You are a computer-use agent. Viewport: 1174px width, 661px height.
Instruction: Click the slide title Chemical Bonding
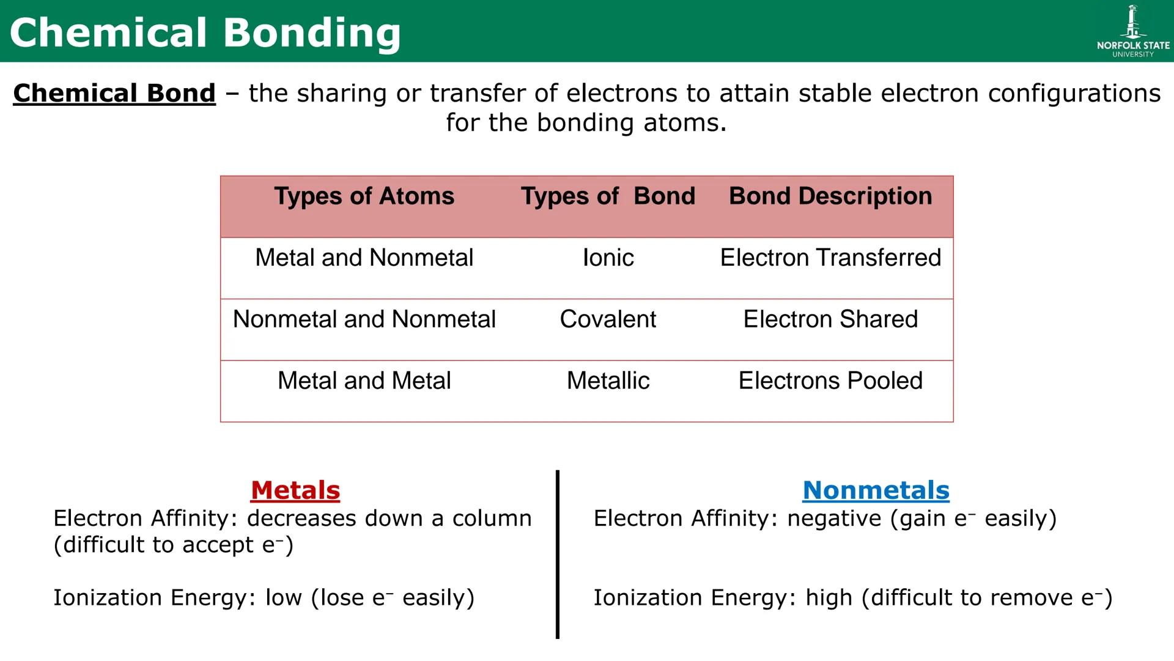(205, 32)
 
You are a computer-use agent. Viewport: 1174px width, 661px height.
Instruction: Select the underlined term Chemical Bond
(114, 94)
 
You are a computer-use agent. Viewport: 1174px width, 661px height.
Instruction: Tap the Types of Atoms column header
(364, 196)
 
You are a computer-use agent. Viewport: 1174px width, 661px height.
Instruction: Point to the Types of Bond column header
(608, 196)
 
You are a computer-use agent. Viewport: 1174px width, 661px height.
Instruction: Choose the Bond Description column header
(830, 196)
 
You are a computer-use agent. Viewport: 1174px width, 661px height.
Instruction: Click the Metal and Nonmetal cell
(364, 258)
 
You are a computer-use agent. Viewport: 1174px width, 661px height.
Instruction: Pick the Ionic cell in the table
(608, 258)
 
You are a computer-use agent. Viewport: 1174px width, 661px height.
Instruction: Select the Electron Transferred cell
(830, 258)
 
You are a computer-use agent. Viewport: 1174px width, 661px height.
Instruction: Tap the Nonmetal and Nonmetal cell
(364, 319)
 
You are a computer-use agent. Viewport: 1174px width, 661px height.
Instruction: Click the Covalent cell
(608, 319)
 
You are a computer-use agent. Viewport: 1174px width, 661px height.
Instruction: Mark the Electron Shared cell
(830, 319)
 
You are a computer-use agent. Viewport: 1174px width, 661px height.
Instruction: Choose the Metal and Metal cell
(364, 381)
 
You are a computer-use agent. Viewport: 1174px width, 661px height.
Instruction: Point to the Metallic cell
(608, 381)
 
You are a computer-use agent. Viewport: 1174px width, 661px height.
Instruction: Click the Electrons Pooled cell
(830, 381)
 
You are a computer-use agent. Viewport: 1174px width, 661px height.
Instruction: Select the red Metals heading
(295, 490)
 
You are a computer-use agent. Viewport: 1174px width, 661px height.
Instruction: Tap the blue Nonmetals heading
(876, 490)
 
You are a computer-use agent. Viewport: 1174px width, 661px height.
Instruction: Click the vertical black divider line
(558, 554)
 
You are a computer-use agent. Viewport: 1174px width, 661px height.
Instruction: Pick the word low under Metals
(283, 598)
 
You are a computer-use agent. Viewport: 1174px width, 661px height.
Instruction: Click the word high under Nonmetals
(829, 598)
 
